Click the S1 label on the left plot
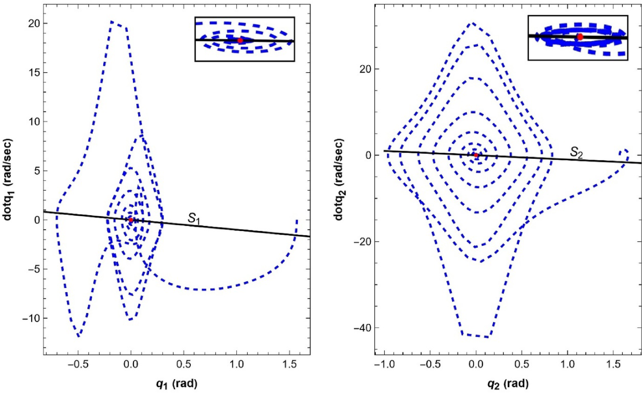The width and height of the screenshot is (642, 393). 194,219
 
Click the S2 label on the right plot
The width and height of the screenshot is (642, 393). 577,152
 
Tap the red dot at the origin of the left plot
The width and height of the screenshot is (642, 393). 131,220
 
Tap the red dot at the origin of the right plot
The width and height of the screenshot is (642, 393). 476,155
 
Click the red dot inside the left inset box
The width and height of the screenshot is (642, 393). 240,40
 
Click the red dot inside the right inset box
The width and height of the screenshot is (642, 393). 580,37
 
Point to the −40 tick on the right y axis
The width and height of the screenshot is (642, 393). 362,328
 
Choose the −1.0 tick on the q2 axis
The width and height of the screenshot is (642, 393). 385,364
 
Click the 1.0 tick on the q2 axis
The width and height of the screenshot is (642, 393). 567,364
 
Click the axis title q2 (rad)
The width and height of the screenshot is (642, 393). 508,384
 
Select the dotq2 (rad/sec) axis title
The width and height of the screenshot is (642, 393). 339,179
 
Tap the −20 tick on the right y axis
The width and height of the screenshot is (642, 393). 362,241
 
